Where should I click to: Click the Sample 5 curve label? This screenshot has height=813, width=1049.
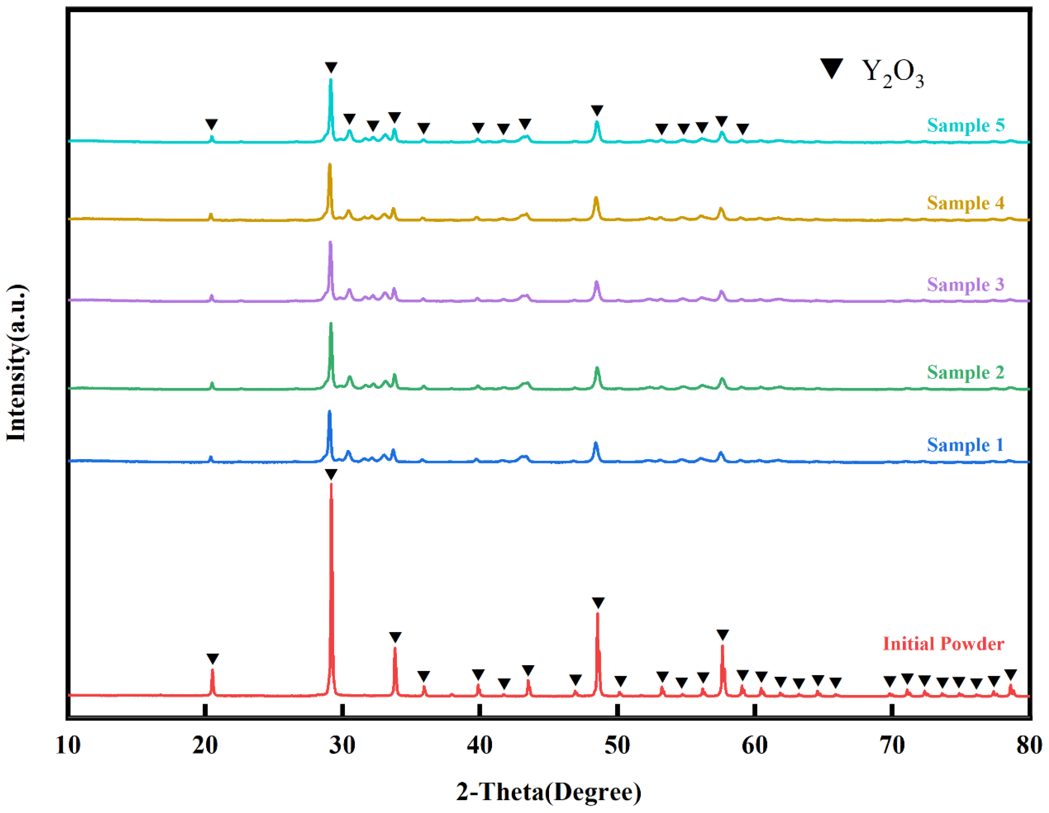[x=966, y=126]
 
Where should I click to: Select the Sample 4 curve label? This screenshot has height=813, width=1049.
[x=966, y=203]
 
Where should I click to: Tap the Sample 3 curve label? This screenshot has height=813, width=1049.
[x=966, y=285]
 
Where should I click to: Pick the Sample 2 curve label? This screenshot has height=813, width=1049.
[x=966, y=372]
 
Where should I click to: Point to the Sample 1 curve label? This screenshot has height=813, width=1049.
[x=966, y=445]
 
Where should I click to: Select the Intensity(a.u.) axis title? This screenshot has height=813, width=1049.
[x=16, y=363]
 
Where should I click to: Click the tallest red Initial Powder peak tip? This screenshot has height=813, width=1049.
[x=331, y=484]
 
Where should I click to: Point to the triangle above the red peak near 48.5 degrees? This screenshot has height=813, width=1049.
[x=598, y=602]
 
